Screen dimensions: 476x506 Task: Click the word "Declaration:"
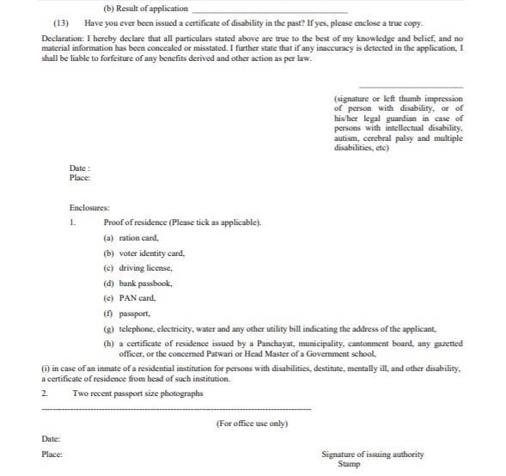[64, 40]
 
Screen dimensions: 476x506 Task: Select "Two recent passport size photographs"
[138, 394]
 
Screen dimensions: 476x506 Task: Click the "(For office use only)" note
[253, 424]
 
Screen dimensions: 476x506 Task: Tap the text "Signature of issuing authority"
[372, 455]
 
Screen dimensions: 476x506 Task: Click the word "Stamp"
[349, 464]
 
